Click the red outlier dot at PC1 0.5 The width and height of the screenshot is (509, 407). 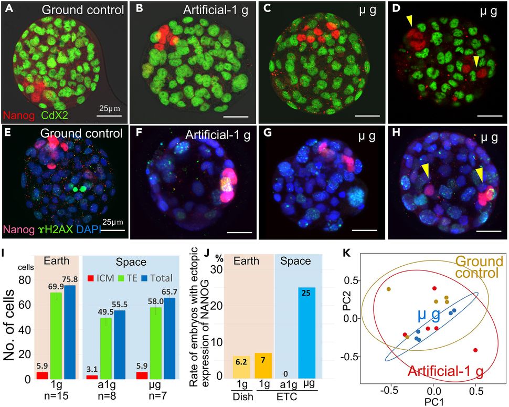[475, 350]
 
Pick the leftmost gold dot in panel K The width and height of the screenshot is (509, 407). [389, 289]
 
